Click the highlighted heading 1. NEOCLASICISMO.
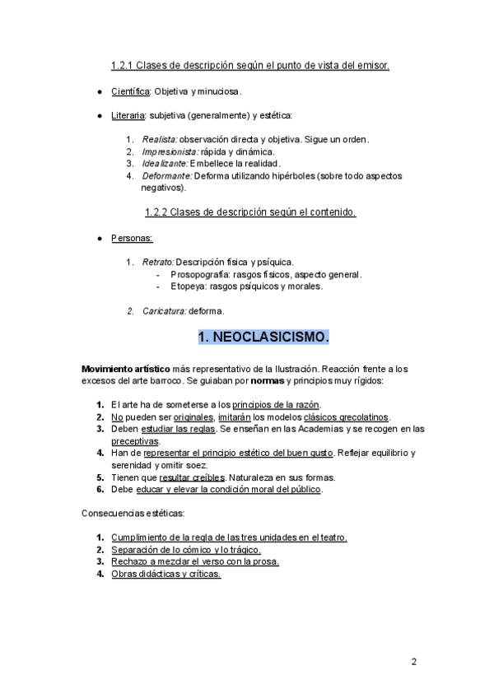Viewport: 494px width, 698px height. coord(263,337)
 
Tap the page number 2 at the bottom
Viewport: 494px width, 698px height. coord(414,661)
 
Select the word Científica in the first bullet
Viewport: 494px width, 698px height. coord(130,91)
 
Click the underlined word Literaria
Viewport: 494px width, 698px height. coord(129,116)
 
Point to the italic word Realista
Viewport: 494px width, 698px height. coord(159,140)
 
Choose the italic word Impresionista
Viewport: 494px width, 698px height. coord(170,151)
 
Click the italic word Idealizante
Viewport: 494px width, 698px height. coord(165,164)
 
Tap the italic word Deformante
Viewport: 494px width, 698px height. coord(166,176)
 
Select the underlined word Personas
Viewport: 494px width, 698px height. coord(132,238)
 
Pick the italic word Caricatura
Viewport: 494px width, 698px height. coord(164,311)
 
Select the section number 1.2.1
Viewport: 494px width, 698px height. coord(123,65)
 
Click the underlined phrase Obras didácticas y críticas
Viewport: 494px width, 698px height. coord(165,575)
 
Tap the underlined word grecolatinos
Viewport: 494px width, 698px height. coord(361,417)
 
